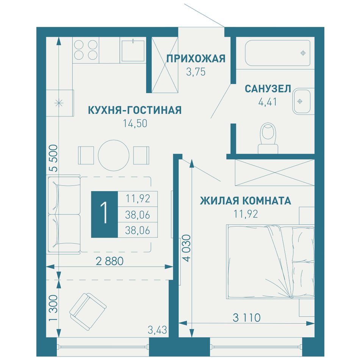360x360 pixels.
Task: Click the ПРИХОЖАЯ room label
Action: pyautogui.click(x=196, y=58)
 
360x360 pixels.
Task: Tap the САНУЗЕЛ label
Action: pyautogui.click(x=268, y=89)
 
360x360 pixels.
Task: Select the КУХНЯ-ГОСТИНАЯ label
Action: pyautogui.click(x=135, y=110)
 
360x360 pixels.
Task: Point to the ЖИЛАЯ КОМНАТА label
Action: pyautogui.click(x=246, y=201)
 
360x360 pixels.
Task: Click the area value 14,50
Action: pyautogui.click(x=135, y=124)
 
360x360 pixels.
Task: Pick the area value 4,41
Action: pyautogui.click(x=268, y=102)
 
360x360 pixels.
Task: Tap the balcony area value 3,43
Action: pyautogui.click(x=157, y=330)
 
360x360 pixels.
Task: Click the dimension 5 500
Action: pyautogui.click(x=53, y=158)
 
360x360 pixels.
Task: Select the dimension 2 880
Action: pyautogui.click(x=110, y=261)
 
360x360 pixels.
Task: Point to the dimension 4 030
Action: pyautogui.click(x=187, y=248)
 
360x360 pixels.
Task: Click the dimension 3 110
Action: pyautogui.click(x=247, y=318)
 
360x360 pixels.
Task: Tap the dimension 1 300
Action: pyautogui.click(x=53, y=308)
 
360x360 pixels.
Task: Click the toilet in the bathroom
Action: pyautogui.click(x=268, y=138)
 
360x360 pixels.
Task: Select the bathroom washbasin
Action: pyautogui.click(x=301, y=101)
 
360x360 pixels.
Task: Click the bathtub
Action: pyautogui.click(x=277, y=53)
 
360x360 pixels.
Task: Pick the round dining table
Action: pyautogui.click(x=113, y=155)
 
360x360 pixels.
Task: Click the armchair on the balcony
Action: pyautogui.click(x=88, y=311)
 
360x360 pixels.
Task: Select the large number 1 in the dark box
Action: pyautogui.click(x=105, y=214)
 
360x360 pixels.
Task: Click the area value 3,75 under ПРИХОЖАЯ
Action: pyautogui.click(x=196, y=72)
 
